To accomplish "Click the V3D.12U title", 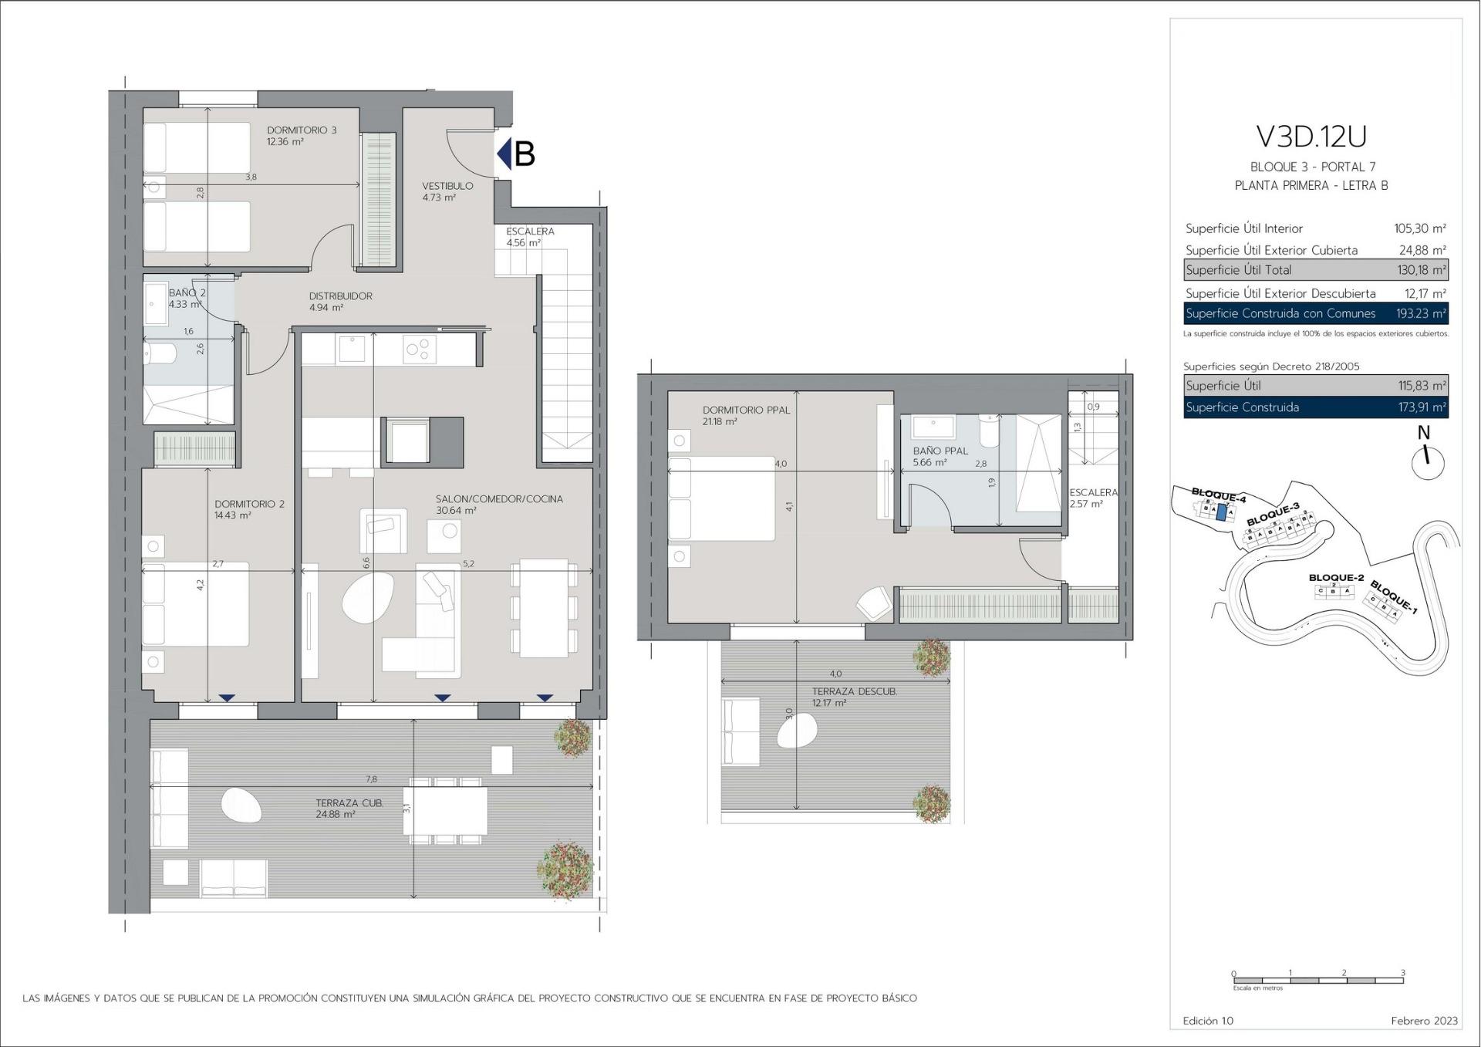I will tap(1311, 137).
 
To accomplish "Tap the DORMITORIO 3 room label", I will tap(302, 130).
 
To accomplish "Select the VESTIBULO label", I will tap(447, 186).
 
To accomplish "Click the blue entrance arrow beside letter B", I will tap(504, 154).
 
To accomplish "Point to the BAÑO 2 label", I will tap(187, 293).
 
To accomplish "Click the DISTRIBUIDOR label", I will tap(340, 296).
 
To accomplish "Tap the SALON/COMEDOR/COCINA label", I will tap(499, 499).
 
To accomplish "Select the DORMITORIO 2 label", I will tap(249, 504).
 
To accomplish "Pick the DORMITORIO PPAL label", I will tap(746, 410).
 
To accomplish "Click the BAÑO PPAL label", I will tap(940, 451).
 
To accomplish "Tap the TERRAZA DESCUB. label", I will tap(854, 692).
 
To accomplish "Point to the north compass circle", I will tap(1428, 464).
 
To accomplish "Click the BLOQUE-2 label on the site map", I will tap(1336, 578).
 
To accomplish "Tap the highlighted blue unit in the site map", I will tap(1220, 513).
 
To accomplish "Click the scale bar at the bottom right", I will tap(1317, 981).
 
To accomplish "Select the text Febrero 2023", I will tap(1424, 1021).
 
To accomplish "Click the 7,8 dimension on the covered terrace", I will tap(372, 779).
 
